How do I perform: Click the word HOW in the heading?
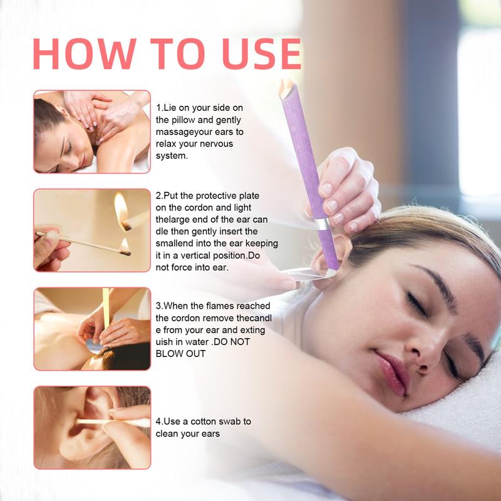point(85,54)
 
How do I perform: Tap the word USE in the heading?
point(262,54)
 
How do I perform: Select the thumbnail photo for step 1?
point(92,132)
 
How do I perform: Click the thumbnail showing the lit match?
point(92,230)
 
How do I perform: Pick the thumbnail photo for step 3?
point(92,329)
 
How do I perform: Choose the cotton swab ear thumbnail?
point(92,428)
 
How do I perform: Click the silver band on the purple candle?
point(322,224)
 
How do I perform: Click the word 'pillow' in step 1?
point(183,120)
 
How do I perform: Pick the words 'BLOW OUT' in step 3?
point(180,354)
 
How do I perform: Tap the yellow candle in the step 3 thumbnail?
point(106,309)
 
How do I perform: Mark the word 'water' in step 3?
point(197,342)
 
